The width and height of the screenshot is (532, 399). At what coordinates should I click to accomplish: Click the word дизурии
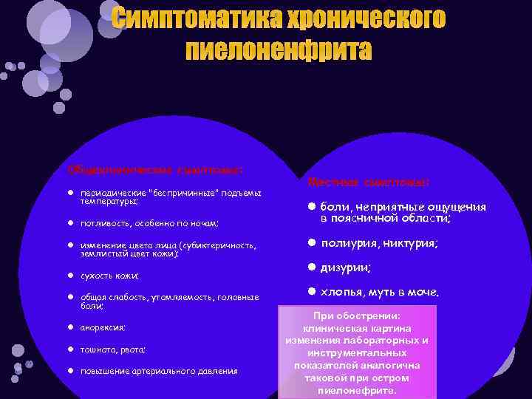click(345, 267)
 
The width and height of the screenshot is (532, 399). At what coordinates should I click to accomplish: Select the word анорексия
click(103, 327)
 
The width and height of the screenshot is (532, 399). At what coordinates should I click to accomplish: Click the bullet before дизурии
click(312, 267)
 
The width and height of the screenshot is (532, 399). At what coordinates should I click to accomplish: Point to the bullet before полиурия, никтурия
click(312, 242)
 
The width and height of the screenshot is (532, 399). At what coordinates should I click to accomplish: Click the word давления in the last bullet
click(218, 371)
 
